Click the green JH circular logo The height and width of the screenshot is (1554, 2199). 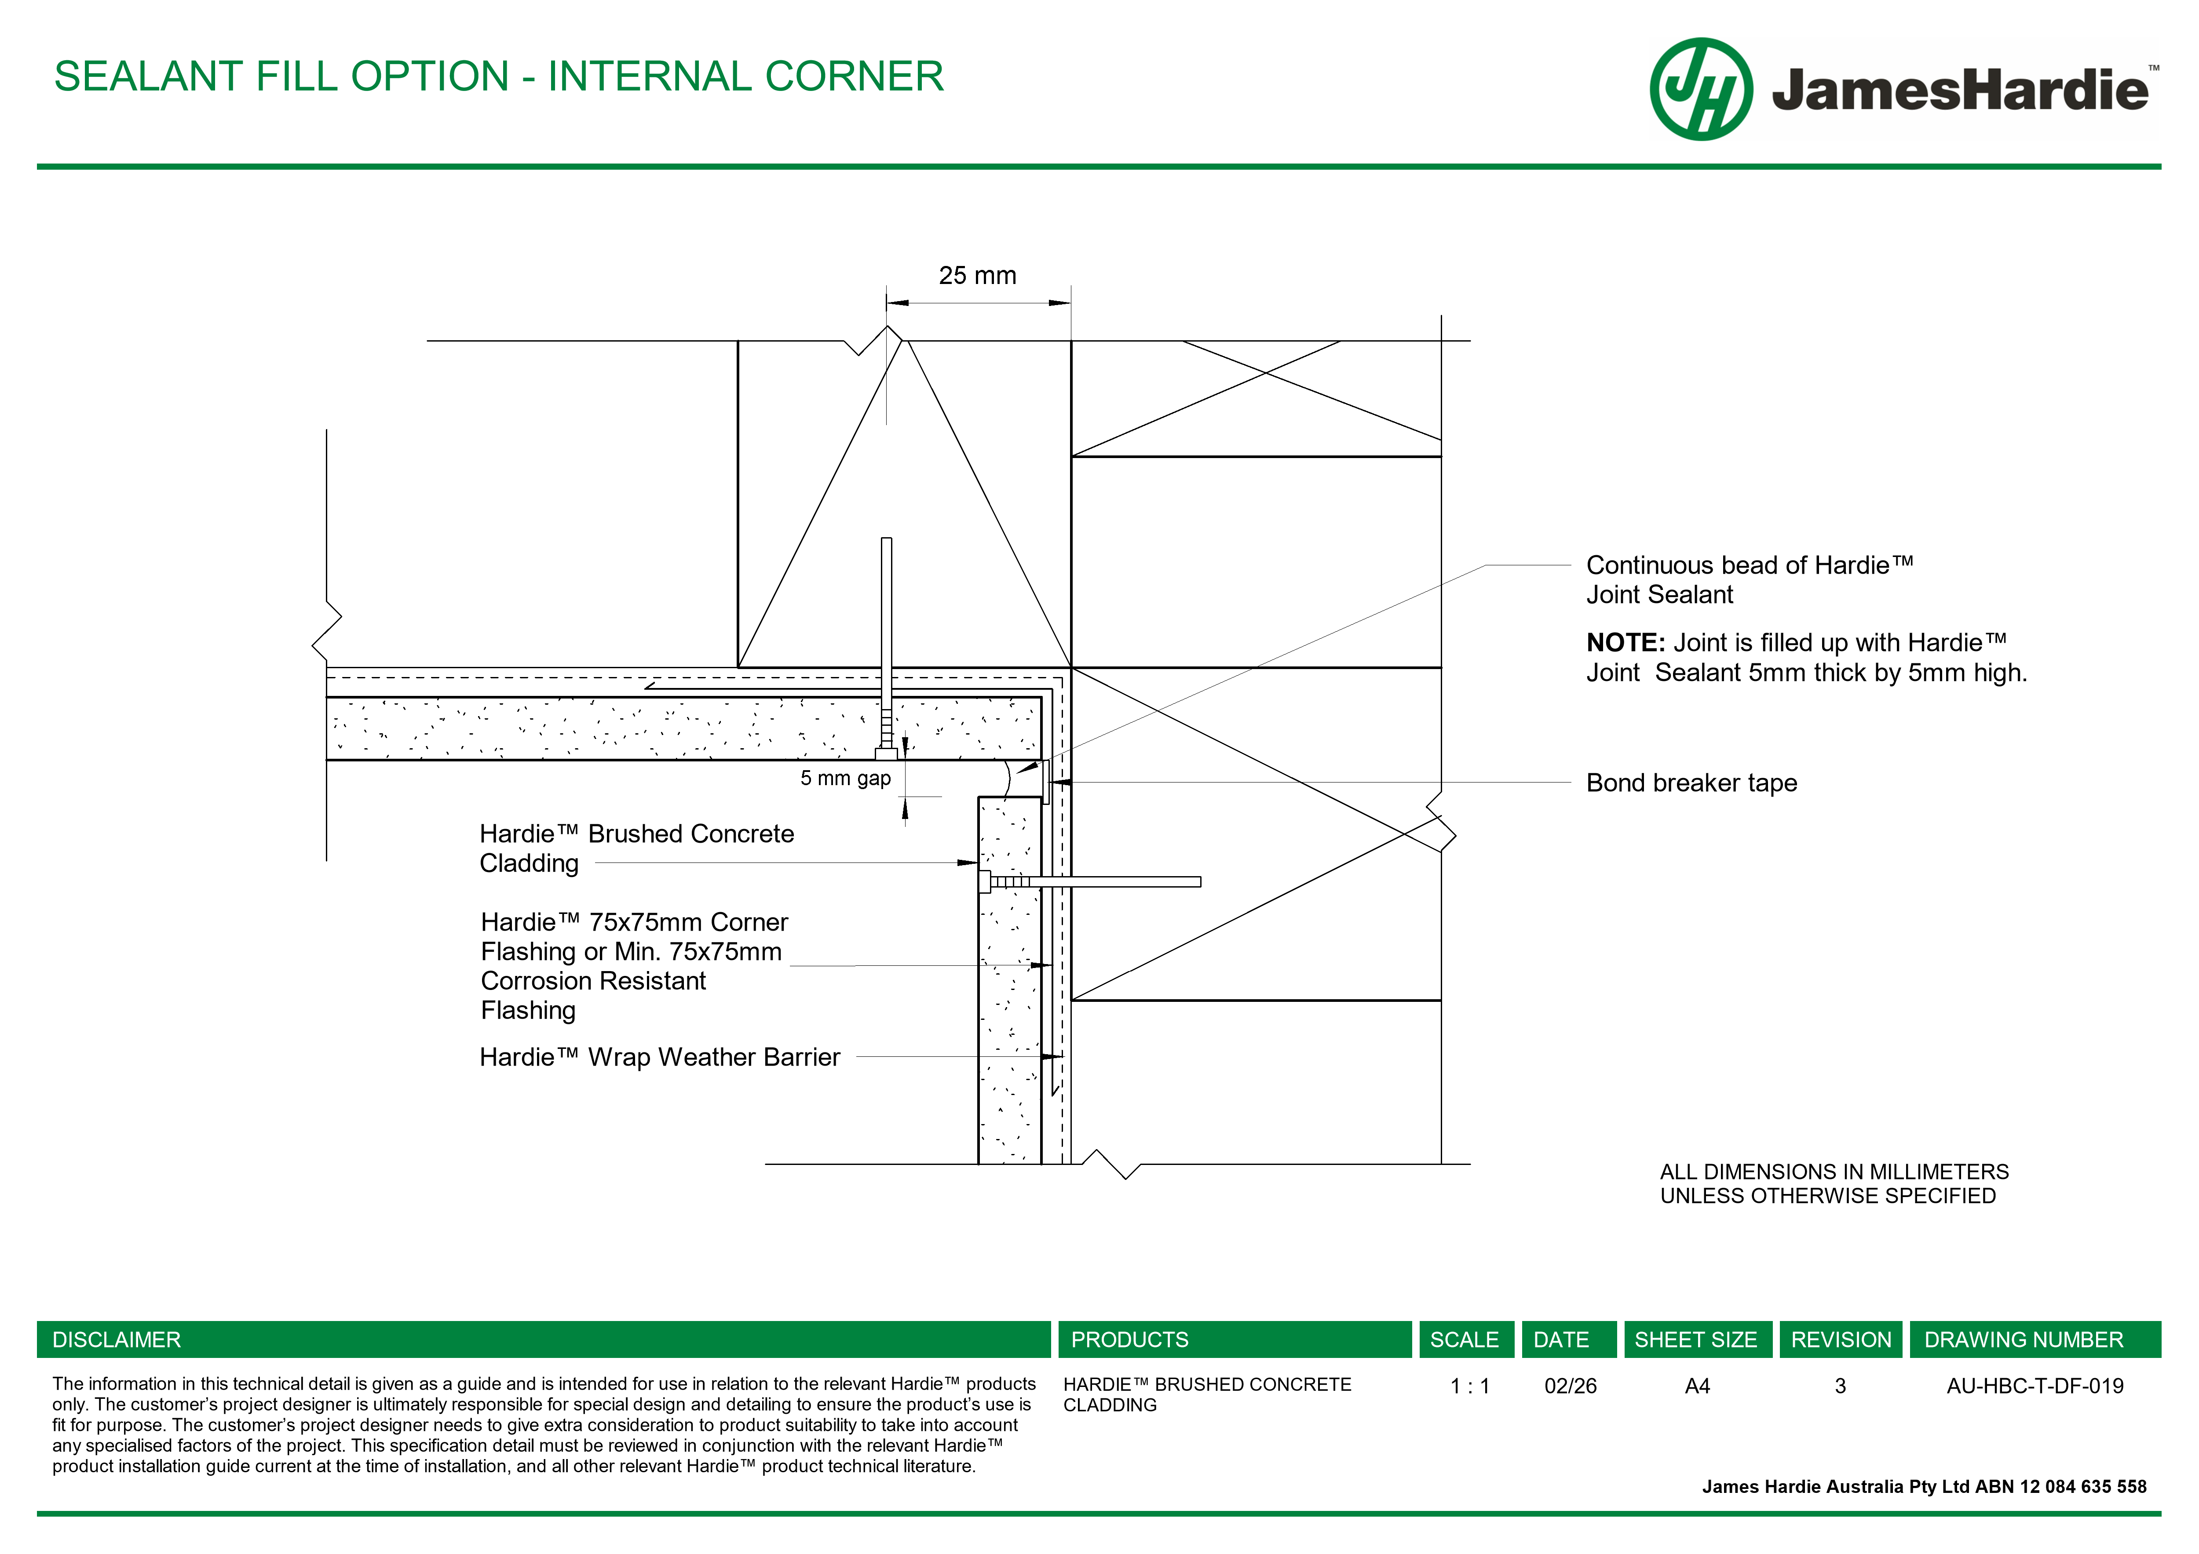[x=1701, y=89]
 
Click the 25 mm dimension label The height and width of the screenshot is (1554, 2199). [x=977, y=276]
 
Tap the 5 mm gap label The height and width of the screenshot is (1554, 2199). [x=845, y=779]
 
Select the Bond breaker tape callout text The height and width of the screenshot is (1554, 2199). [x=1691, y=783]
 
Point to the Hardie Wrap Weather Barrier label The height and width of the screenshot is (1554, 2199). [x=659, y=1057]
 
